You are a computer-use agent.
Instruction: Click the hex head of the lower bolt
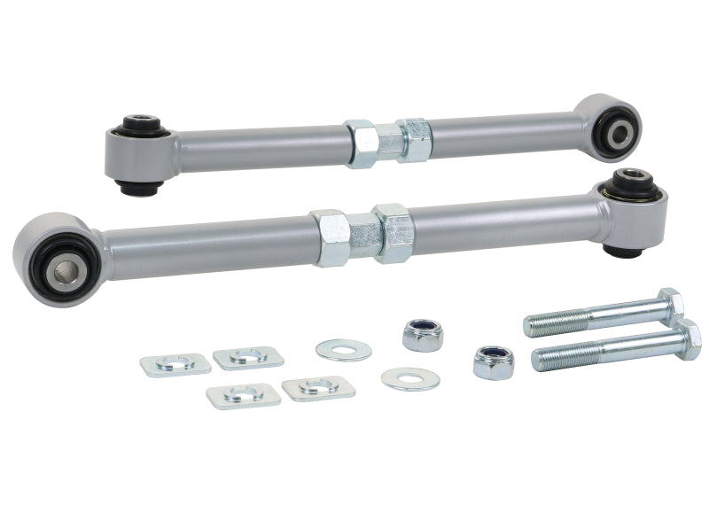[x=685, y=338]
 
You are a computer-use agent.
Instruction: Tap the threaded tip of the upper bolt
[x=534, y=325]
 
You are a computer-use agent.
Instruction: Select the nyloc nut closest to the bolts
[x=493, y=361]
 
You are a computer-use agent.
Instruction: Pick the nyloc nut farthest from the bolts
[x=423, y=334]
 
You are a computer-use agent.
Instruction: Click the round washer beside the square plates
[x=343, y=349]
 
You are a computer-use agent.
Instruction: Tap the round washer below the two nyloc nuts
[x=410, y=378]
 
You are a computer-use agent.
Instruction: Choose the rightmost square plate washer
[x=317, y=387]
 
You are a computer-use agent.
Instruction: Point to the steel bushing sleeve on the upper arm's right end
[x=618, y=134]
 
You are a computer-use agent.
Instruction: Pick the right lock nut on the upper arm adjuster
[x=414, y=141]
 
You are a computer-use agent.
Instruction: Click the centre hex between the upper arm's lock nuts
[x=389, y=142]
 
